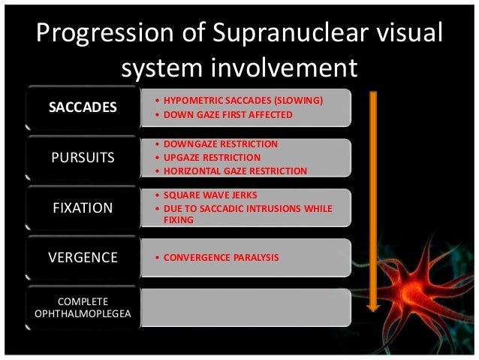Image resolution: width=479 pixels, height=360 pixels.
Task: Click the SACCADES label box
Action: pos(83,107)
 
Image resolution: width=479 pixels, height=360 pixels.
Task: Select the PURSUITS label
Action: pos(83,157)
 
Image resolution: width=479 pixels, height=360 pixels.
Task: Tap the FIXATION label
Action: pos(83,207)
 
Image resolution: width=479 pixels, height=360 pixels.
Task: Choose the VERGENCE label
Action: pos(83,257)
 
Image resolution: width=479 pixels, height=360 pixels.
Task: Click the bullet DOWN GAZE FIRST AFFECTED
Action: pos(230,114)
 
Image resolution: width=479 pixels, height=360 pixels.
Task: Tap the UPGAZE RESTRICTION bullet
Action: pos(214,157)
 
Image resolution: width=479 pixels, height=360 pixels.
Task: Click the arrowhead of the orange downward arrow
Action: pos(370,304)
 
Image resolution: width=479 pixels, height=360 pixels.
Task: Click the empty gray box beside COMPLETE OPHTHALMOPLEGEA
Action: pos(246,307)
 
